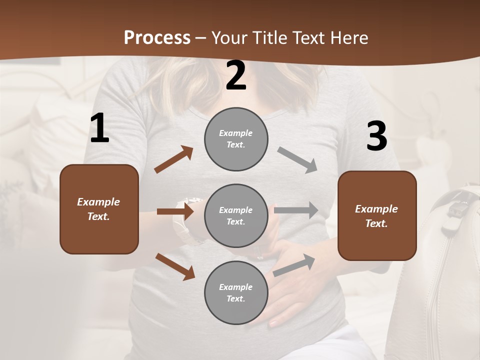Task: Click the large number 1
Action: (99, 128)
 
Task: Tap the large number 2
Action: (236, 76)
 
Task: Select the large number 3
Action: (376, 136)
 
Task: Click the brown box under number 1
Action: (99, 209)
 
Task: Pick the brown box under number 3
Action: (377, 215)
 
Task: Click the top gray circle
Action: (236, 139)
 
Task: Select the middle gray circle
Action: (236, 215)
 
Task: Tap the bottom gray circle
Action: (236, 292)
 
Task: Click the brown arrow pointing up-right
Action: (173, 159)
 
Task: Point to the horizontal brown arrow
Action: (175, 211)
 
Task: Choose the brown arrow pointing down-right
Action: (175, 266)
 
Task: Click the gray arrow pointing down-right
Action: (297, 159)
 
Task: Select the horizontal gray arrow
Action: (296, 210)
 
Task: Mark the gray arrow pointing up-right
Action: (294, 264)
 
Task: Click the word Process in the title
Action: (157, 37)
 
